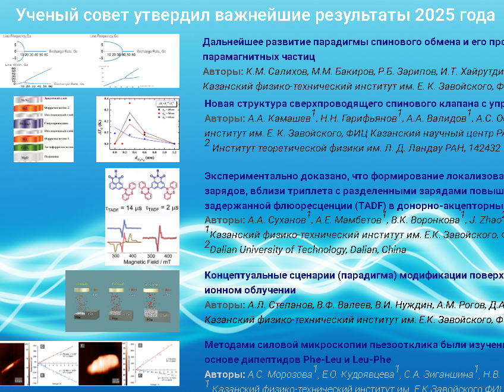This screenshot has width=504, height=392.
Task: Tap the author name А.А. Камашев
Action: pyautogui.click(x=278, y=117)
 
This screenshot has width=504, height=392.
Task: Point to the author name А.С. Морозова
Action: pyautogui.click(x=280, y=375)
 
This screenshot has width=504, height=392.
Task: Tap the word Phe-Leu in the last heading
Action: pyautogui.click(x=306, y=359)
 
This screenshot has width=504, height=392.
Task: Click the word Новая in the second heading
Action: pyautogui.click(x=218, y=102)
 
